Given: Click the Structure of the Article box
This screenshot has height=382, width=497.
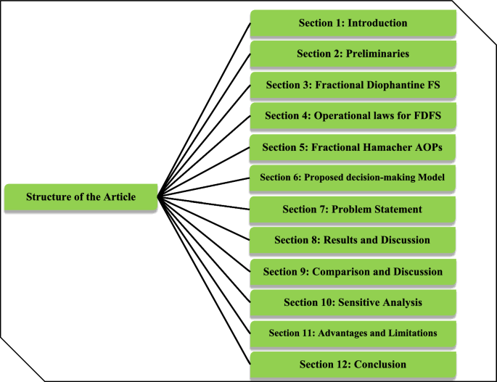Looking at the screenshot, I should [x=81, y=197].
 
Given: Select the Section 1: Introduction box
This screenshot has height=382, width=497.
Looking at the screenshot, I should [x=353, y=23].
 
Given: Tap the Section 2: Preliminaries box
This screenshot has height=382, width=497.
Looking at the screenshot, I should [x=353, y=54].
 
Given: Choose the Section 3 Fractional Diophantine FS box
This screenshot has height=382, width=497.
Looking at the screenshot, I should [x=353, y=85].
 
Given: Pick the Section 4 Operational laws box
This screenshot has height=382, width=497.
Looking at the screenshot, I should [x=353, y=116].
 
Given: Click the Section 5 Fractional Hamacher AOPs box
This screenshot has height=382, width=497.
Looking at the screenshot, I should [x=353, y=147].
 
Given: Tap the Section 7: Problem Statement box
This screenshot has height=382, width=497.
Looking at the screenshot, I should [x=353, y=209].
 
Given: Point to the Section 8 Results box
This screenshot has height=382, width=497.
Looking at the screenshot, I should [x=353, y=241].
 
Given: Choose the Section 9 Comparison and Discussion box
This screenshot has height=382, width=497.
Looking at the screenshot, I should [x=353, y=272].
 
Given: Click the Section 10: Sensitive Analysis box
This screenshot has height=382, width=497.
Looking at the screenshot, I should [x=353, y=302].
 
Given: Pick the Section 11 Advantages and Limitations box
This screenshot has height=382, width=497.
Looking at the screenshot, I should [x=353, y=333].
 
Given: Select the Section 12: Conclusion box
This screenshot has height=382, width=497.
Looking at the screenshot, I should [x=353, y=364].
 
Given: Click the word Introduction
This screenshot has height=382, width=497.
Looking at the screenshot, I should [x=377, y=23].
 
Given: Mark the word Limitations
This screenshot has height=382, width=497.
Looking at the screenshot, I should [x=411, y=333].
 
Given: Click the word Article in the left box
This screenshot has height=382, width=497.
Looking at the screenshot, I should [x=117, y=197].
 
